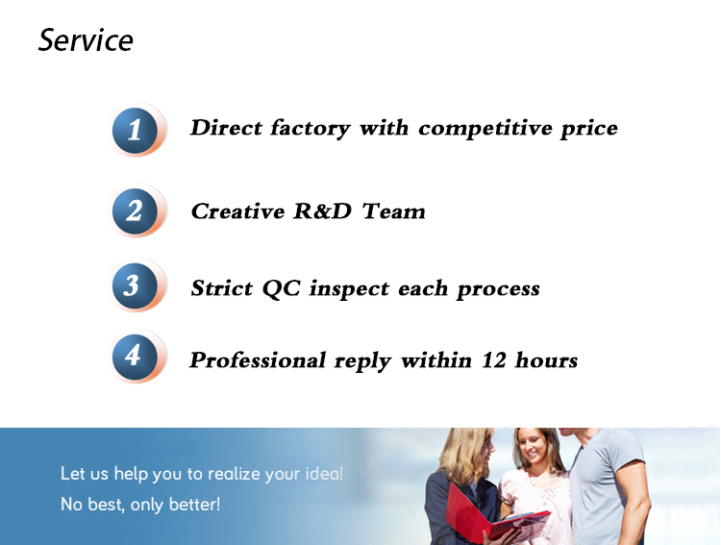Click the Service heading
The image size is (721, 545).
tap(86, 40)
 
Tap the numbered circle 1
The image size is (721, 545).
tap(135, 130)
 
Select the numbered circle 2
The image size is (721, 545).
tap(135, 211)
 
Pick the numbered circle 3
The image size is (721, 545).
tap(135, 285)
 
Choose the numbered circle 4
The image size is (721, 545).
tap(135, 357)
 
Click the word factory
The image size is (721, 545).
tap(310, 128)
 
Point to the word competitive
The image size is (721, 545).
tap(485, 128)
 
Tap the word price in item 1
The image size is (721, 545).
tap(589, 129)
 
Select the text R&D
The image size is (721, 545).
tap(322, 211)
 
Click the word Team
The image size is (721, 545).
tap(393, 211)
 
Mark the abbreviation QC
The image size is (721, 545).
tap(282, 288)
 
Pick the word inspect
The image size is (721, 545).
tap(350, 289)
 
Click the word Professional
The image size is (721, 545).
tap(258, 360)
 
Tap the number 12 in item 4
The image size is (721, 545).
tap(494, 360)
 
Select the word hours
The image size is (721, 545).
tap(546, 359)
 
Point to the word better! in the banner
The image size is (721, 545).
tap(194, 504)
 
